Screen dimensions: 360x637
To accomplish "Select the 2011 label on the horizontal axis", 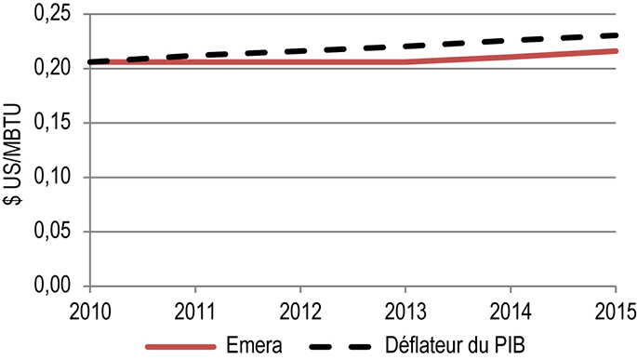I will coord(202,309).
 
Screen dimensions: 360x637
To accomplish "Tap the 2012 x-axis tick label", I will coord(305,309).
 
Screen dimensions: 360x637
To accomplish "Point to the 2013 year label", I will coord(409,309).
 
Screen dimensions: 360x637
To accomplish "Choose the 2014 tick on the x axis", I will coord(512,309).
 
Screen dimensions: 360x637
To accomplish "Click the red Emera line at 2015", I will coord(617,50).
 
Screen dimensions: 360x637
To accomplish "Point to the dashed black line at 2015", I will coord(617,35).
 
